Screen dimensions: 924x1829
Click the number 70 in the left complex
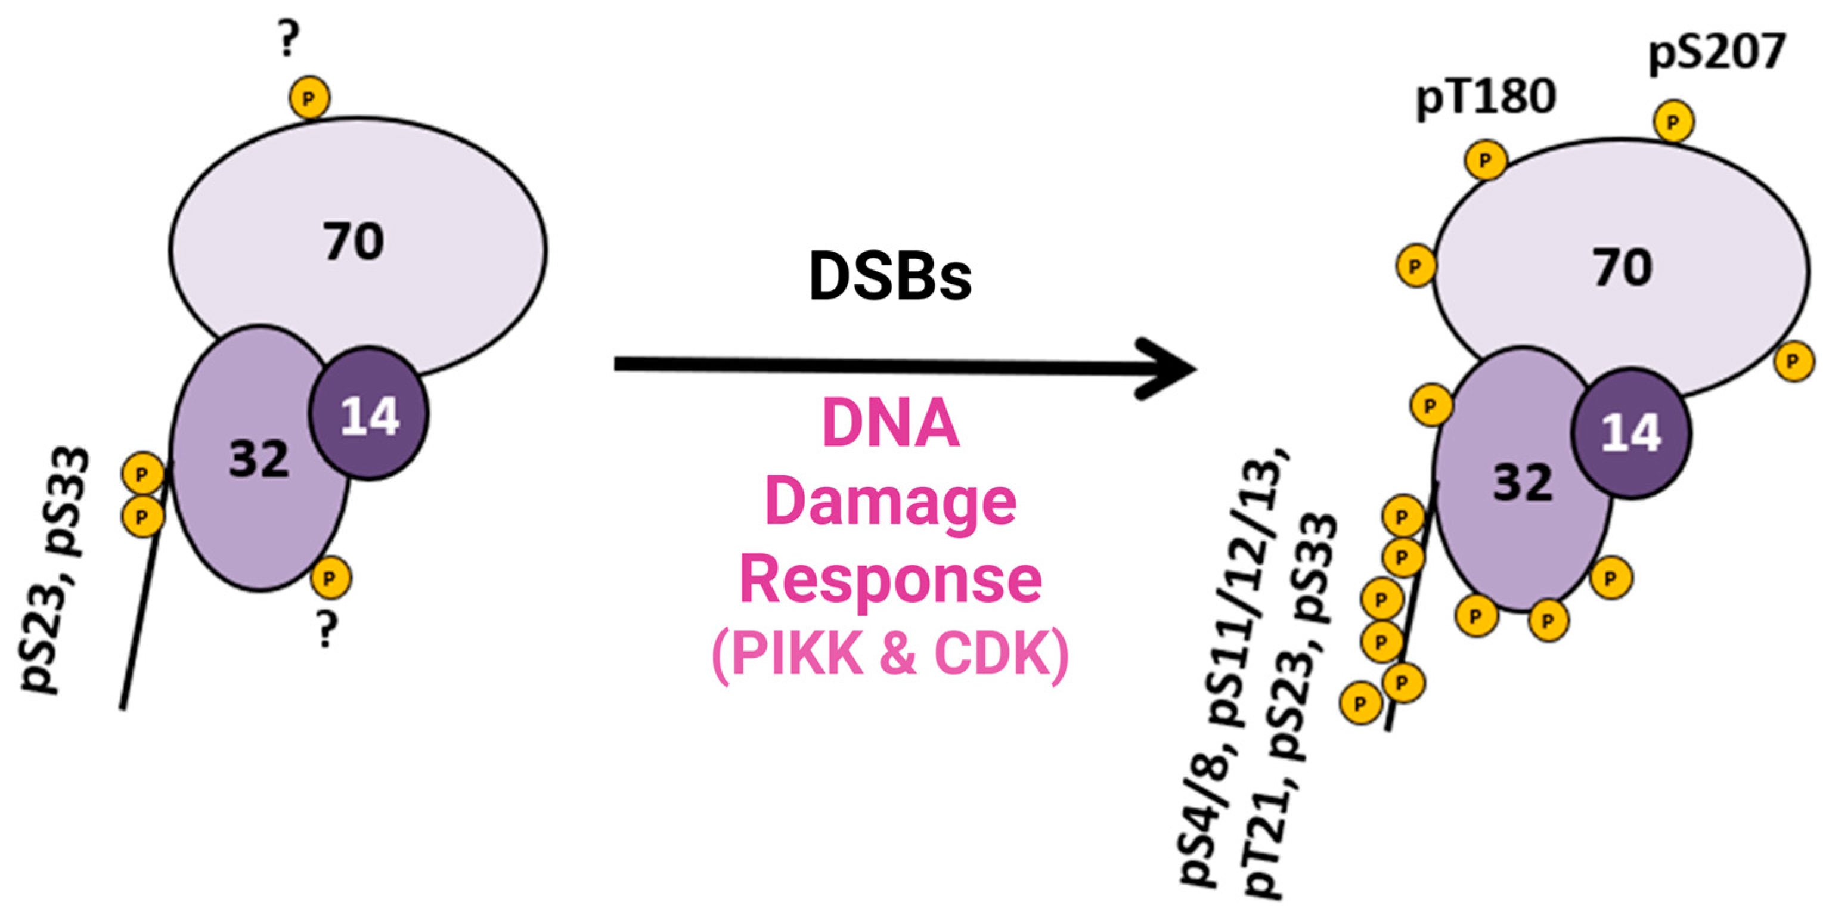354,241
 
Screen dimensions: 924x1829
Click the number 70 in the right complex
1622,268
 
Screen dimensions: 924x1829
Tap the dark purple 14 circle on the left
369,414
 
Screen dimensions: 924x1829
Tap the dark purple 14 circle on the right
1631,433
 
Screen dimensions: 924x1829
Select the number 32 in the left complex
259,459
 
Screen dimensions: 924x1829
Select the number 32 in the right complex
1522,483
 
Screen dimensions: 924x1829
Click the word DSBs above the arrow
889,277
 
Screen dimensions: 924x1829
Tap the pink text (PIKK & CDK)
891,655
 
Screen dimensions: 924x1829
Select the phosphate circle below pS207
1673,122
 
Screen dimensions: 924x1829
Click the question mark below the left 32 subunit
326,630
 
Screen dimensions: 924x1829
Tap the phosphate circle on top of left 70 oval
309,97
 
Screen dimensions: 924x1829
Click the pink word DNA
891,424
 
